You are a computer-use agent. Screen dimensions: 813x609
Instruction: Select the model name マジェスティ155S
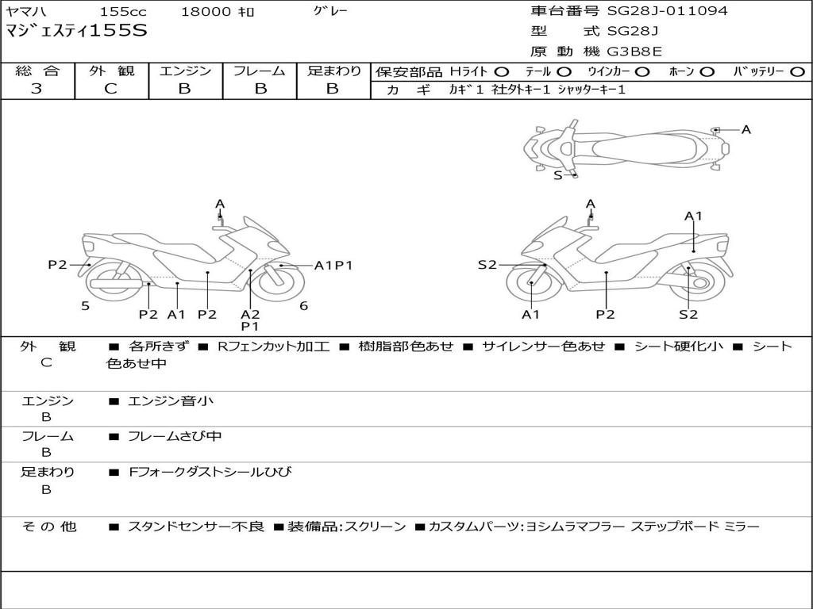(x=76, y=32)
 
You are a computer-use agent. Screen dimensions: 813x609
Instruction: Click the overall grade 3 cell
(x=37, y=89)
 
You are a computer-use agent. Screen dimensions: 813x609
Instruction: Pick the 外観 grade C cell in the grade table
(x=111, y=89)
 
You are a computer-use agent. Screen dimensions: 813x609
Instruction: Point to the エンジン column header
(x=185, y=71)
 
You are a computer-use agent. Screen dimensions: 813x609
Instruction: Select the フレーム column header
(x=260, y=71)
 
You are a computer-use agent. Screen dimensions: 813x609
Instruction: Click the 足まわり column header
(x=333, y=71)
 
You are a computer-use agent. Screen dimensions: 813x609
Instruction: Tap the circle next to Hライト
(x=502, y=72)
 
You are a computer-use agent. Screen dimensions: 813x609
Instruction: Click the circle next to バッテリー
(x=797, y=72)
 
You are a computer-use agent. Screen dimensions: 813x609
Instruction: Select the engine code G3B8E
(x=634, y=52)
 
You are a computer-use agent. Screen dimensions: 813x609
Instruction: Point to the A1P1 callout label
(x=333, y=266)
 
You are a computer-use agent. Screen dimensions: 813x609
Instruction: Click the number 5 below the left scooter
(x=85, y=306)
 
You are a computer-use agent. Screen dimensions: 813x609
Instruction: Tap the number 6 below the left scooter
(x=304, y=306)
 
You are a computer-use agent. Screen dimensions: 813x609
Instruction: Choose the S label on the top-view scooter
(x=557, y=175)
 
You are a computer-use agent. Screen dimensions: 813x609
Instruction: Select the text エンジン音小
(x=171, y=401)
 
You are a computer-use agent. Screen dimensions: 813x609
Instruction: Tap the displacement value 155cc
(x=123, y=12)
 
